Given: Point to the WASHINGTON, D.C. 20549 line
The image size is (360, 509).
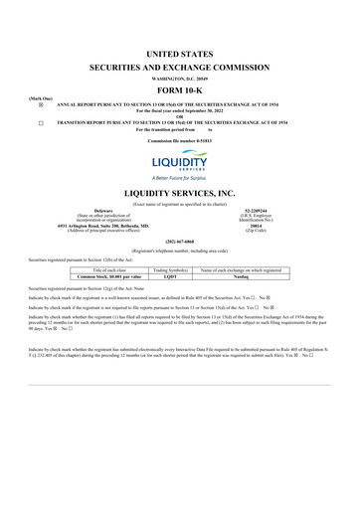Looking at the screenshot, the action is [x=180, y=77].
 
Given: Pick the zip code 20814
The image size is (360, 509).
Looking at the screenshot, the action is [x=257, y=226].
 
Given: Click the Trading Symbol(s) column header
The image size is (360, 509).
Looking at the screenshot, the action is [x=173, y=269].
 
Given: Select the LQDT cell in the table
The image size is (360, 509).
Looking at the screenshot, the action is [x=173, y=276].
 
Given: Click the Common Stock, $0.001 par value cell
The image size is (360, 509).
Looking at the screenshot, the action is [x=108, y=276].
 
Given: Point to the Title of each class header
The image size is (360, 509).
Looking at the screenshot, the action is [x=108, y=269].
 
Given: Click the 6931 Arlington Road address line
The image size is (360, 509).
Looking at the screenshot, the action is [x=103, y=226].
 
